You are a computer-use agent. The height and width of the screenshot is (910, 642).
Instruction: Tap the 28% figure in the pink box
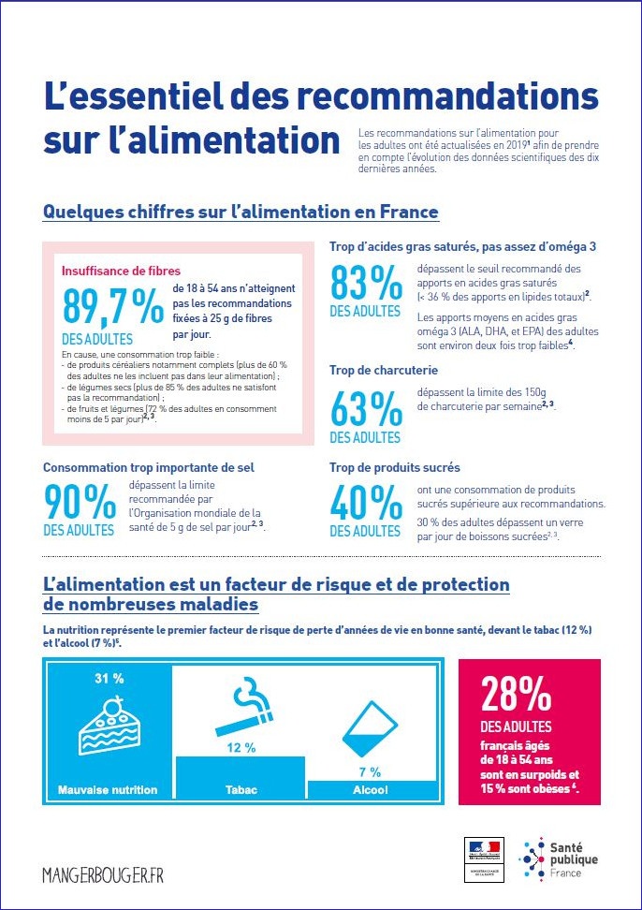tap(516, 695)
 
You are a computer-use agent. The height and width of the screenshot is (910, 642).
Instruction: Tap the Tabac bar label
tap(241, 790)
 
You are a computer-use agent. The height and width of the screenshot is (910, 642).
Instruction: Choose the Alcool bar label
tap(370, 790)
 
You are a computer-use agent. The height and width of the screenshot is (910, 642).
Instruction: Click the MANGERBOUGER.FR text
tap(103, 874)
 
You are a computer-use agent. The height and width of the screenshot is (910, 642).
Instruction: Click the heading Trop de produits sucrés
tap(394, 467)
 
